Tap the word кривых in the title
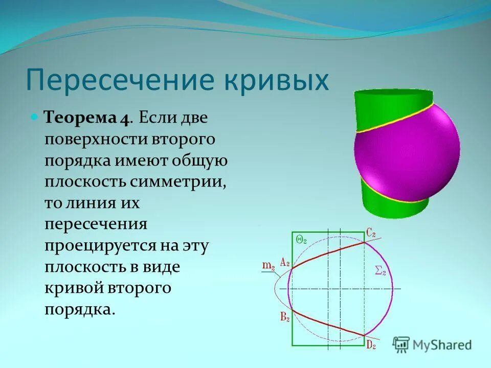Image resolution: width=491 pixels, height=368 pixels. (x=274, y=80)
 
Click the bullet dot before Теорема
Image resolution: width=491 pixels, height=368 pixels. (x=35, y=117)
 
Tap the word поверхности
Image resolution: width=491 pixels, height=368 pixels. (x=96, y=139)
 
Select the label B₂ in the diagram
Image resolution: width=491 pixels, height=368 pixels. (x=285, y=317)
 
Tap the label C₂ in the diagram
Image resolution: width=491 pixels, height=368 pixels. (x=371, y=233)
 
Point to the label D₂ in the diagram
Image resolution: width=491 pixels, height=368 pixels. (x=371, y=346)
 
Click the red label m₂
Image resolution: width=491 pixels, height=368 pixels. (x=269, y=265)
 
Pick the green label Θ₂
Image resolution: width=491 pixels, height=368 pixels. (x=301, y=240)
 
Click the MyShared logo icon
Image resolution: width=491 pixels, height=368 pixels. (x=401, y=344)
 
